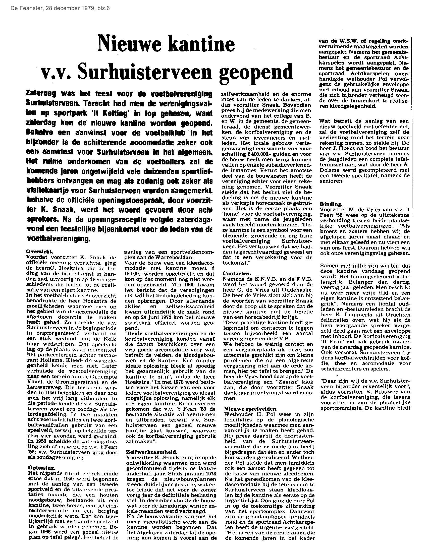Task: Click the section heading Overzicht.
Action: point(40,252)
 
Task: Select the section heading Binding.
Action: point(331,204)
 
